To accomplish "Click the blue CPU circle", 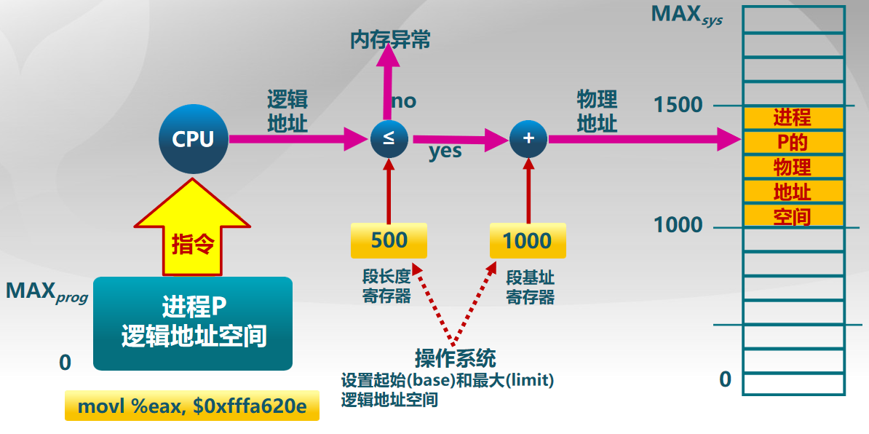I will [193, 139].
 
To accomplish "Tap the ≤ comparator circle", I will [389, 138].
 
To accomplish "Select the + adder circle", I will [528, 138].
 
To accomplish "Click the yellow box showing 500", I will [389, 241].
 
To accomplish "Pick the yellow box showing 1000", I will [527, 241].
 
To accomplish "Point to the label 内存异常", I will [390, 40].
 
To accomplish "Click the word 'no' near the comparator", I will [405, 101].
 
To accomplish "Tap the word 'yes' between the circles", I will [445, 151].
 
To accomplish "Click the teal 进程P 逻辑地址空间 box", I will [193, 323].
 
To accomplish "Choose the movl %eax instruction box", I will [192, 406].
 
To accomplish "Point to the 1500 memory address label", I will [678, 106].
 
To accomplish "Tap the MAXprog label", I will [46, 292].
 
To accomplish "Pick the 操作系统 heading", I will [456, 358].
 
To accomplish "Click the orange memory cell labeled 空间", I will [793, 216].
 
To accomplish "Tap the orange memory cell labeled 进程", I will [793, 117].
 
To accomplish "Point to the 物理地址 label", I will [597, 111].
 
